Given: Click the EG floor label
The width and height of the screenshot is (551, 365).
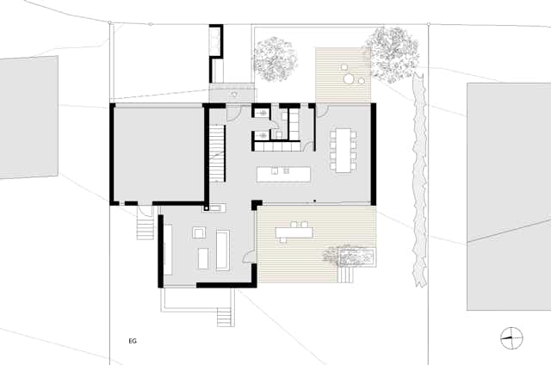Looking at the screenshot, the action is pyautogui.click(x=133, y=341).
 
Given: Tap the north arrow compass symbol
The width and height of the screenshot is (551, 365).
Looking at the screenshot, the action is pyautogui.click(x=511, y=338).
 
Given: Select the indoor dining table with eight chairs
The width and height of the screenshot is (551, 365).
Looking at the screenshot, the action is pyautogui.click(x=344, y=151).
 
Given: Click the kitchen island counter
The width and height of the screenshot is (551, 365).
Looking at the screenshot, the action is pyautogui.click(x=283, y=174).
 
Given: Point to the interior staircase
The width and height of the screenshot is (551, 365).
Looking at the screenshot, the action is pyautogui.click(x=217, y=153).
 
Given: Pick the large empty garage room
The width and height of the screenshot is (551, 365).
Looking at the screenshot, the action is pyautogui.click(x=158, y=154).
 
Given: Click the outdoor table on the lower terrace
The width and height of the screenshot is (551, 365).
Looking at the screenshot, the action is pyautogui.click(x=294, y=232).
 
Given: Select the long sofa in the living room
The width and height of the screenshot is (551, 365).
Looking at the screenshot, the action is pyautogui.click(x=222, y=251).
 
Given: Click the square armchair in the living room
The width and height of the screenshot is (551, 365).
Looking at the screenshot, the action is pyautogui.click(x=199, y=233).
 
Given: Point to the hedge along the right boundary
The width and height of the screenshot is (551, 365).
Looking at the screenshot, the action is pyautogui.click(x=419, y=180).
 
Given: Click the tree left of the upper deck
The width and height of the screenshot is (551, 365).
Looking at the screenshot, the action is pyautogui.click(x=275, y=59).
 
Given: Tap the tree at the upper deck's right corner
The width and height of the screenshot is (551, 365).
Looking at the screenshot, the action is pyautogui.click(x=393, y=53).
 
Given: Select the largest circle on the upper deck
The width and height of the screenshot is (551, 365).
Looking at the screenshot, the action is pyautogui.click(x=349, y=79).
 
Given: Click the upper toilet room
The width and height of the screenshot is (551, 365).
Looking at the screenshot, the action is pyautogui.click(x=262, y=113).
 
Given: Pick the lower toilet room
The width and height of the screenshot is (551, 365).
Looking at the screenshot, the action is pyautogui.click(x=262, y=135).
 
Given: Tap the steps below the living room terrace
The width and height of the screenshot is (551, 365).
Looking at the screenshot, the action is pyautogui.click(x=226, y=317).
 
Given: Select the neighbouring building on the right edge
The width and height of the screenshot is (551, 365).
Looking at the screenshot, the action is pyautogui.click(x=509, y=197).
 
